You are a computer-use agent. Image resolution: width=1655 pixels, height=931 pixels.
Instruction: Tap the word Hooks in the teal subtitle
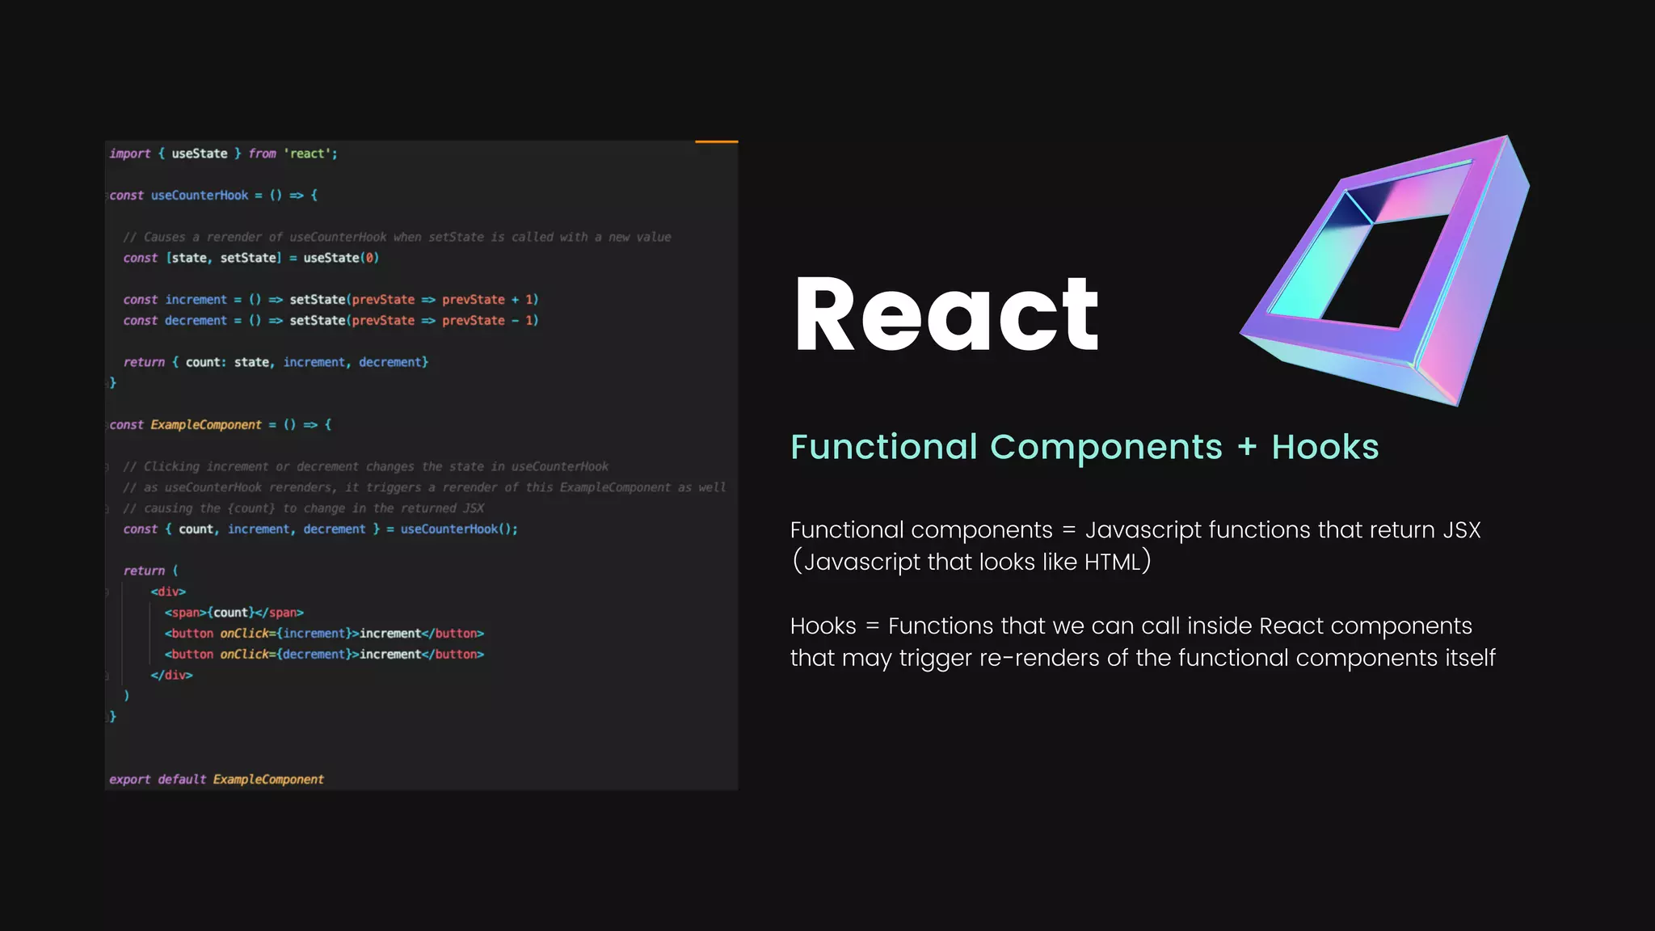click(1324, 447)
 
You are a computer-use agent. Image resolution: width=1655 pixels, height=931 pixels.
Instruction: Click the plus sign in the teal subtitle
click(1247, 447)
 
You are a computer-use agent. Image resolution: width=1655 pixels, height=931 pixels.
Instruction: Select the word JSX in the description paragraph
click(1462, 530)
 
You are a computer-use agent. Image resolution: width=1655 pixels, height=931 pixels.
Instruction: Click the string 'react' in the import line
click(308, 154)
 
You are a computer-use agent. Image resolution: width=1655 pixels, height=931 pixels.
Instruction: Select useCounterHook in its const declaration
click(200, 196)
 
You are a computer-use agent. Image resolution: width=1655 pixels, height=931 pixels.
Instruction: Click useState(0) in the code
click(340, 258)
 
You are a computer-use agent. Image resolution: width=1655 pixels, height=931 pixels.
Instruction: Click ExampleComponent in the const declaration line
click(206, 425)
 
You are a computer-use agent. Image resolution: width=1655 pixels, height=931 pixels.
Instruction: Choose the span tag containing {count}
click(234, 613)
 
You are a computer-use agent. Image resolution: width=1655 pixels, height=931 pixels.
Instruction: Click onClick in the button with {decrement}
click(244, 655)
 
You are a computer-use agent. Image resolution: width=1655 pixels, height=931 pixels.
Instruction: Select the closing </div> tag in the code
click(171, 676)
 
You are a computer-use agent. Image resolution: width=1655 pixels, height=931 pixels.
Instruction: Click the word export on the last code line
click(130, 780)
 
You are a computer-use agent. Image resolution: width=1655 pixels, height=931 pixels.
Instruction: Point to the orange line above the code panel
click(716, 142)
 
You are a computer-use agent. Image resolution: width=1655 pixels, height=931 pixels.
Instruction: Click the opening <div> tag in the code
click(168, 592)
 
